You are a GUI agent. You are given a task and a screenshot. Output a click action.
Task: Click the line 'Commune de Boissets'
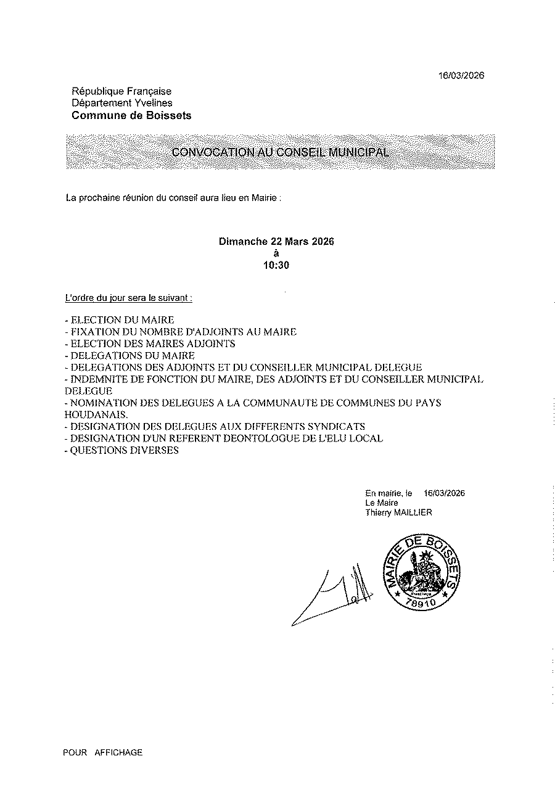tap(131, 115)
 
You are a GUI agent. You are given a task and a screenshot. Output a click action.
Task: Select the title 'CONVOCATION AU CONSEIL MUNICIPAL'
tap(280, 152)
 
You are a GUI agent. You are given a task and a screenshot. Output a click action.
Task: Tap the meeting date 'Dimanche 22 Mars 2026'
tap(276, 242)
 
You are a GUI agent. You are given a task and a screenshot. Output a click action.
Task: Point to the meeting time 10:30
tap(276, 266)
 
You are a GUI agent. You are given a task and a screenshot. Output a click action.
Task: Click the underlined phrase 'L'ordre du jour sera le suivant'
tap(128, 297)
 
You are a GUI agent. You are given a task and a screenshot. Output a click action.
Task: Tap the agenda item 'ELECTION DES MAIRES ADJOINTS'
tap(152, 343)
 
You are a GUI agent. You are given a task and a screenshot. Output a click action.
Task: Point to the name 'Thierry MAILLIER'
tap(398, 512)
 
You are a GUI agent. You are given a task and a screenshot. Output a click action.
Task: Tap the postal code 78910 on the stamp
tap(421, 603)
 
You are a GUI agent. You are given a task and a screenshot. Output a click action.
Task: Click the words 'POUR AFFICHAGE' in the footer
tap(102, 752)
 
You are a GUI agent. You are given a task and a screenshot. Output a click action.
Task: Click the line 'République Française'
tap(121, 91)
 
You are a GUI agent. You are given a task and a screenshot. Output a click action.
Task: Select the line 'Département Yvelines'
tap(122, 103)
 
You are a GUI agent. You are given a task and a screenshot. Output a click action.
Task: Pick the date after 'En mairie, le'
tap(444, 493)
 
